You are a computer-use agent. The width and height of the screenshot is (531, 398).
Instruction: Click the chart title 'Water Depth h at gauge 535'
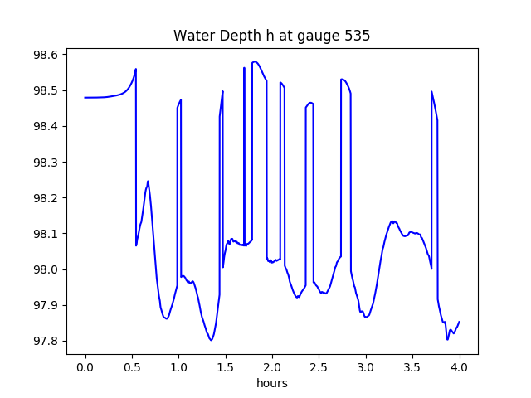pyautogui.click(x=271, y=36)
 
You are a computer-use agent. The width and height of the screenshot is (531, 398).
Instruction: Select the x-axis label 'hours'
pyautogui.click(x=271, y=383)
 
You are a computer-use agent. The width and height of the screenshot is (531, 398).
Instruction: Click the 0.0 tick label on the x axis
pyautogui.click(x=85, y=367)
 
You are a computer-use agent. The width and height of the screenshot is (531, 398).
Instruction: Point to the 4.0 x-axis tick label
pyautogui.click(x=460, y=367)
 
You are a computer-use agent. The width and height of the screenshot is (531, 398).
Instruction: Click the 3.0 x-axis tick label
pyautogui.click(x=366, y=367)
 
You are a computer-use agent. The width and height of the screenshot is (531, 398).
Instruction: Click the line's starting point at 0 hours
pyautogui.click(x=85, y=97)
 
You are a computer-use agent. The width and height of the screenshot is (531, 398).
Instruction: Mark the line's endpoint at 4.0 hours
pyautogui.click(x=460, y=322)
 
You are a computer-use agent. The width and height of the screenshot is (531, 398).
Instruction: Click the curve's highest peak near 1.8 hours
pyautogui.click(x=255, y=61)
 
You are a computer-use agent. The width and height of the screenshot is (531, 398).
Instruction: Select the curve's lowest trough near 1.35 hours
pyautogui.click(x=211, y=340)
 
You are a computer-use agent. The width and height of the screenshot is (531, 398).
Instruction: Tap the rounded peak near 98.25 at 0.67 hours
pyautogui.click(x=148, y=181)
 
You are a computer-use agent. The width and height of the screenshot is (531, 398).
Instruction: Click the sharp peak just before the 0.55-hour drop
pyautogui.click(x=136, y=69)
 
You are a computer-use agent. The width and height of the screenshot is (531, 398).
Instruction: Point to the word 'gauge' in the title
pyautogui.click(x=316, y=37)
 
